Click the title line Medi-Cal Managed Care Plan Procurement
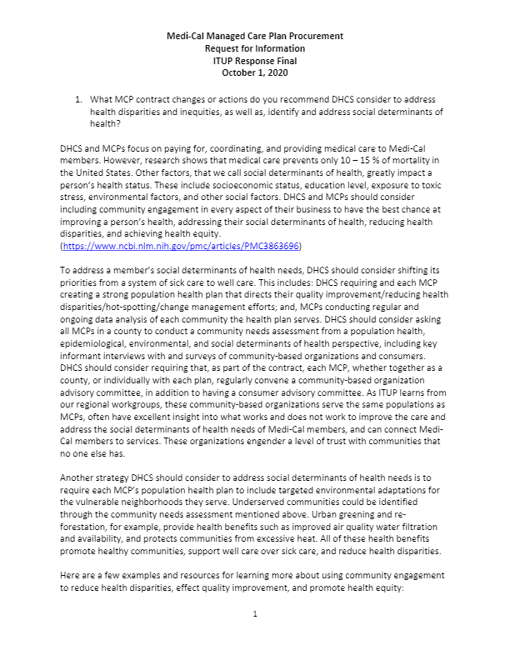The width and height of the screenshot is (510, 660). (x=254, y=37)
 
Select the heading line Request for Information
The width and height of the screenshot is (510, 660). (x=254, y=49)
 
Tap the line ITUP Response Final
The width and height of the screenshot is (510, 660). (x=254, y=61)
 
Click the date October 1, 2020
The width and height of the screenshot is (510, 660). (x=254, y=72)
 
